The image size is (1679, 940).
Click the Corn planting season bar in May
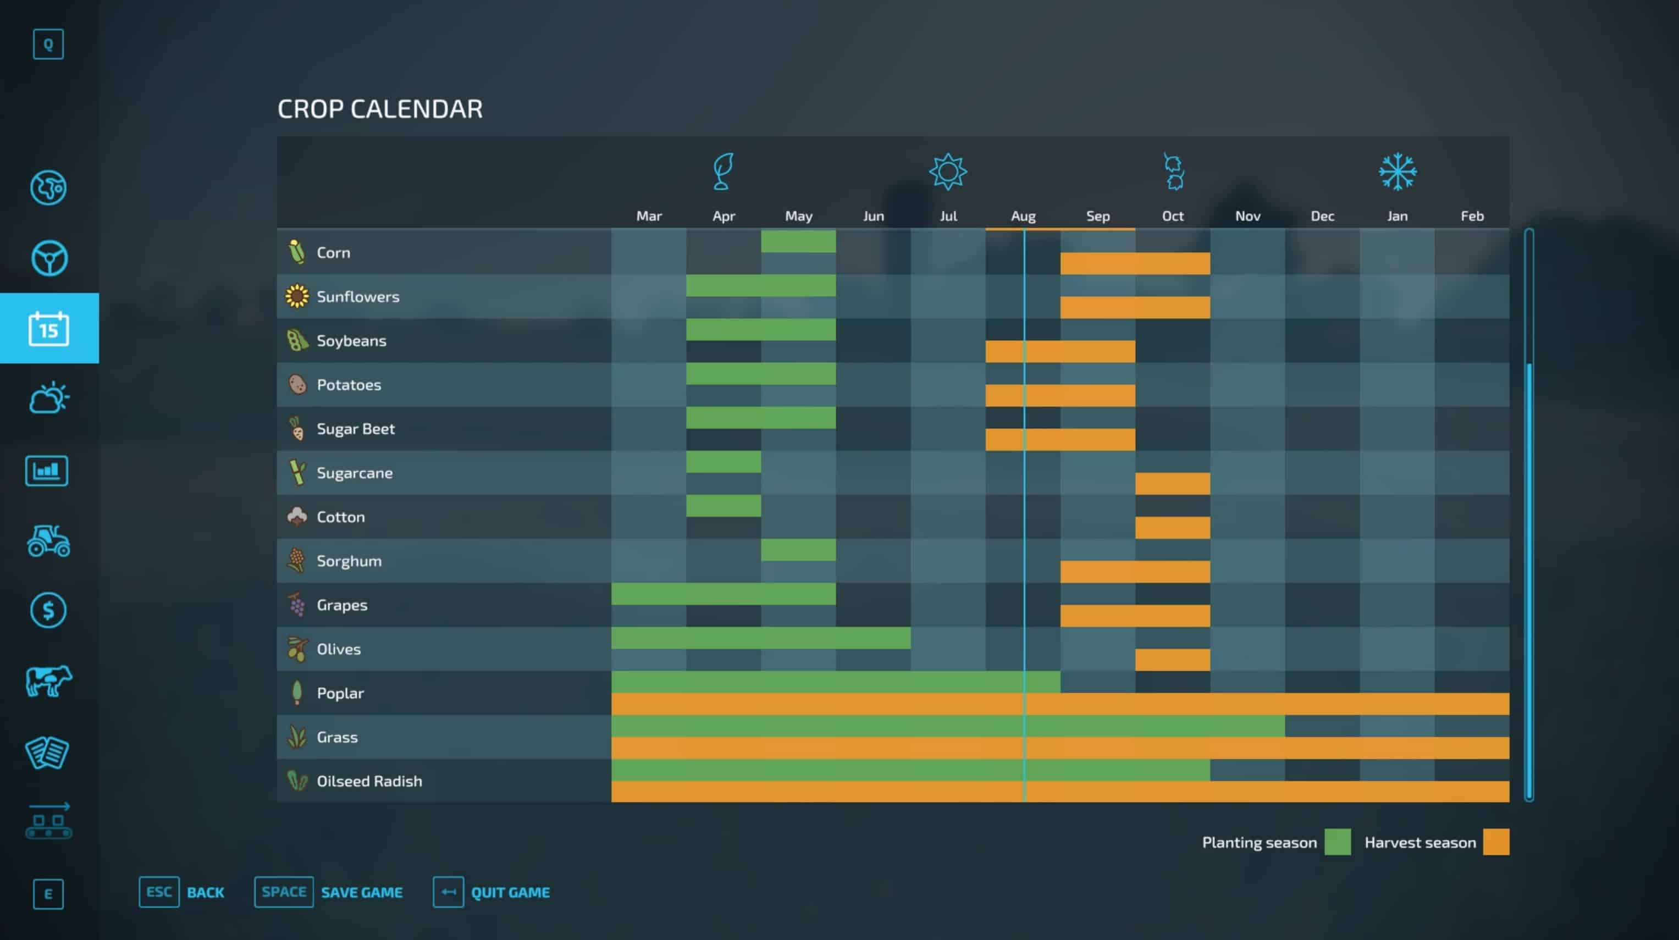(x=798, y=241)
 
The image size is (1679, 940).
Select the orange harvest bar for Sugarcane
(x=1172, y=484)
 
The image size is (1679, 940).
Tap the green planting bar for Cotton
(x=723, y=506)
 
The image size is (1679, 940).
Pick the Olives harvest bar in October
(x=1172, y=660)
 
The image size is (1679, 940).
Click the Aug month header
(x=1023, y=216)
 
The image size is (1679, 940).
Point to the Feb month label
(x=1472, y=216)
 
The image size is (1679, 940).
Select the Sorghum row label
(x=349, y=561)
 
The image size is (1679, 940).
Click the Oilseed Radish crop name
(x=369, y=781)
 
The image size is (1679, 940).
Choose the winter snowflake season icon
(x=1398, y=172)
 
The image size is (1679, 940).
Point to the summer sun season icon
(x=948, y=172)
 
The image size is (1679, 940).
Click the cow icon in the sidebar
(x=49, y=681)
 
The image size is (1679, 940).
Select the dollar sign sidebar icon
(x=49, y=610)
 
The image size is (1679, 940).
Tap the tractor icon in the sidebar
(x=49, y=540)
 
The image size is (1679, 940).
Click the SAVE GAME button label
(x=361, y=892)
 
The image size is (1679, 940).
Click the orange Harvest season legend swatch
(x=1496, y=842)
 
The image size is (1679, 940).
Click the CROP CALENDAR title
(x=380, y=109)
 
